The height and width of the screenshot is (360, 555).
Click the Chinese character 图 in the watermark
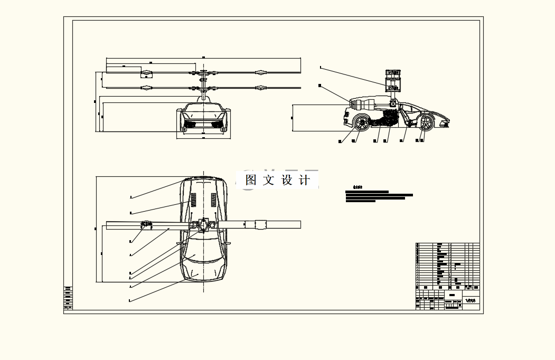[x=251, y=180]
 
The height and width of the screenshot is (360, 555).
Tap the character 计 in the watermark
[x=305, y=180]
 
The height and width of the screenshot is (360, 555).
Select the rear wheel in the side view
[x=361, y=122]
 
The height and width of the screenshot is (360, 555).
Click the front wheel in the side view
[x=426, y=123]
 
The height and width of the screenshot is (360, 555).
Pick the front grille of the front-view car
[x=203, y=125]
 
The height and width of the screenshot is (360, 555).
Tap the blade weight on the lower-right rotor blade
[x=260, y=88]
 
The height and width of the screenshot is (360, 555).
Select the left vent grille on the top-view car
[x=193, y=200]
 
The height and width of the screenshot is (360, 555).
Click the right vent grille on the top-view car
[x=214, y=200]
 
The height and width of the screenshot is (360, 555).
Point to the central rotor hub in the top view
[x=203, y=225]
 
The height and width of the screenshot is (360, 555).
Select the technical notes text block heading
[x=358, y=187]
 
